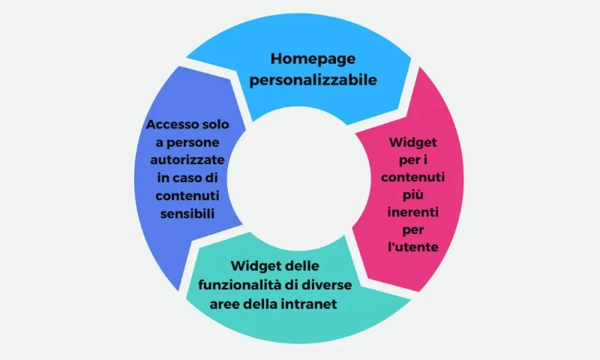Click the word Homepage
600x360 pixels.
point(313,59)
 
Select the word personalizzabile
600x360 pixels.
point(313,80)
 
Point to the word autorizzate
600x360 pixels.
point(187,160)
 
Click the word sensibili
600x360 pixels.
point(187,214)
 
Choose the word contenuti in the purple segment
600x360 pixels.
point(187,196)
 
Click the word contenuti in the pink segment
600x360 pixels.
point(413,178)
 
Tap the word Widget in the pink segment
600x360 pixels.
point(413,142)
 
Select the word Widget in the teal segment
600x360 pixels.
point(254,266)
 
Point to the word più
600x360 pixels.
point(413,195)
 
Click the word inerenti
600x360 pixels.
point(413,212)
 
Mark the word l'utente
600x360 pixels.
point(413,247)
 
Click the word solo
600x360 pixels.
point(216,124)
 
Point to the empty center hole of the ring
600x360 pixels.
point(299,178)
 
